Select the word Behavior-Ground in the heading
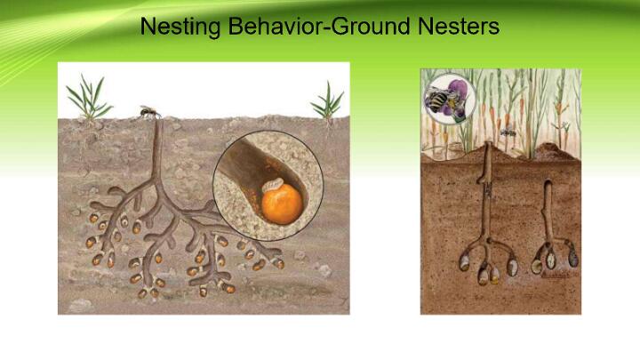click(318, 26)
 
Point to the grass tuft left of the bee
click(89, 99)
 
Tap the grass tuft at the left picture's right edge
click(327, 103)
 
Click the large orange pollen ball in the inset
click(282, 204)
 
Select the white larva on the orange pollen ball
click(272, 185)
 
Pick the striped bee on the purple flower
click(438, 101)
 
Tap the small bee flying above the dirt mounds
click(508, 132)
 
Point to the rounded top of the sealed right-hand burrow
click(548, 183)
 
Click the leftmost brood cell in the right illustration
click(465, 263)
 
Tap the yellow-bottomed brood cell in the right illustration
click(495, 276)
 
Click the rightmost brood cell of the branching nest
click(278, 263)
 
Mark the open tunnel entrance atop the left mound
click(486, 144)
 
